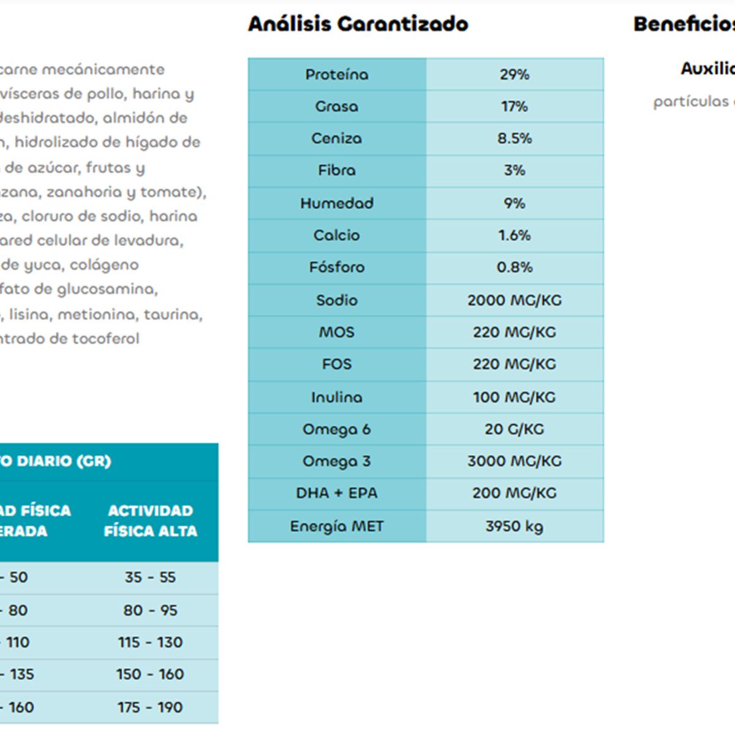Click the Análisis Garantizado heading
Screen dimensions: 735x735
(358, 24)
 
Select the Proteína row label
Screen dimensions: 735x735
(337, 75)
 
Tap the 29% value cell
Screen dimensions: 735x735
(514, 75)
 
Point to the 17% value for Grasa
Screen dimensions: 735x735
(514, 107)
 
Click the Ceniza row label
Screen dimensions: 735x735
(337, 138)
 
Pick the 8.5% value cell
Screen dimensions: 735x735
(514, 138)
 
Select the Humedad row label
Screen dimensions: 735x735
(337, 203)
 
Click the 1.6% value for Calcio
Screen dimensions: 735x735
(514, 235)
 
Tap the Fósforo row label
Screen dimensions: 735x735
(337, 267)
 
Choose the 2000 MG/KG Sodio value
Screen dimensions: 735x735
(514, 300)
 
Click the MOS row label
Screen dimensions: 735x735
(337, 332)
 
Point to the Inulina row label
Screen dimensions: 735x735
(337, 397)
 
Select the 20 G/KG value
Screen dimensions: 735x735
(514, 429)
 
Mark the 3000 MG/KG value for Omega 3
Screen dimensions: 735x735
(514, 461)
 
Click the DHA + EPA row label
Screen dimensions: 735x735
(337, 493)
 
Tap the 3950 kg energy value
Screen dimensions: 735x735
(514, 526)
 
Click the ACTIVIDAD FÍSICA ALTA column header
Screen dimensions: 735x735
(151, 521)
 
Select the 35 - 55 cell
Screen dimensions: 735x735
(151, 578)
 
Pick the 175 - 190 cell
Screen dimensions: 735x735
(151, 707)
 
